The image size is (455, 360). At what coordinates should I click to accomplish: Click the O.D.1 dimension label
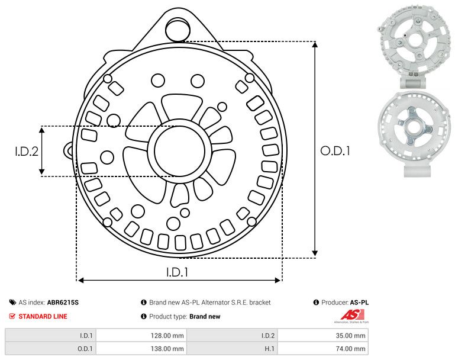[335, 151]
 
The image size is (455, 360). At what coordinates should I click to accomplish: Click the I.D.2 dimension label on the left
[27, 151]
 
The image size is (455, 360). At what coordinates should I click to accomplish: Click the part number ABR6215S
[63, 303]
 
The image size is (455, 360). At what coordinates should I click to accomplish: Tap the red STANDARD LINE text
[43, 316]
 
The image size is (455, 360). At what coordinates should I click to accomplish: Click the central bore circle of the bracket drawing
[176, 151]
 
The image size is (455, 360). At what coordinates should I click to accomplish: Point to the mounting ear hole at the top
[177, 28]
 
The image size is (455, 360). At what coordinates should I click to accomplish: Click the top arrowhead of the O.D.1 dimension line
[315, 46]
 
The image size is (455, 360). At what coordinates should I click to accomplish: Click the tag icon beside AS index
[12, 303]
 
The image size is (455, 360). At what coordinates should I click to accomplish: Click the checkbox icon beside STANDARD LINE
[12, 316]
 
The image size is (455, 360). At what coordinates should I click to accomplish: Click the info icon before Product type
[144, 316]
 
